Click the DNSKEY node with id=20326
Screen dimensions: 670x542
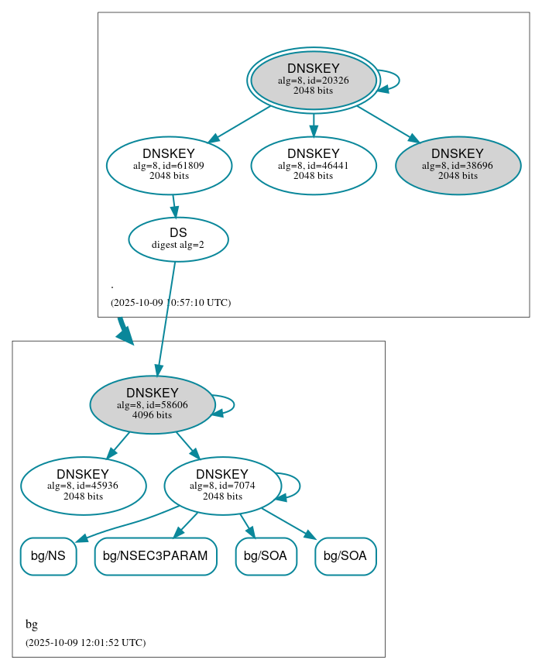(313, 80)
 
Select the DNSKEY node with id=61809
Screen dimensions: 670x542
(169, 165)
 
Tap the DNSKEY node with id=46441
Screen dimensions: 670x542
(313, 165)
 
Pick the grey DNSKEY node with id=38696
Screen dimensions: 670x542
(458, 165)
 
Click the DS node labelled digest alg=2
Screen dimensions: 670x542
(178, 239)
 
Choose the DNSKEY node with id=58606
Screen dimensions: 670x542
(152, 404)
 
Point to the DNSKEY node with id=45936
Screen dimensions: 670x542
(83, 486)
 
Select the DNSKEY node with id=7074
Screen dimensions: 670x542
(222, 486)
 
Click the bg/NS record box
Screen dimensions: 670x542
(48, 556)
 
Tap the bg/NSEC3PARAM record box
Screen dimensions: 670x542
(155, 556)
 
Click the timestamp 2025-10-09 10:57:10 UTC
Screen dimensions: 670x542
(170, 303)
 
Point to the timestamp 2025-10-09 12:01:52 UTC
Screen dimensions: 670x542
(85, 643)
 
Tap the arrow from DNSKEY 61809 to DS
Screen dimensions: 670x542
(174, 206)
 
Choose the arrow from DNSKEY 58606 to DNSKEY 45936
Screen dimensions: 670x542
(118, 445)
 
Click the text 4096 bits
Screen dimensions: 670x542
(152, 415)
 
